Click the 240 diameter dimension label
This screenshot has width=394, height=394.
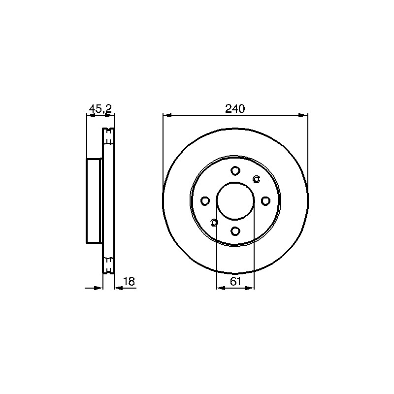pyautogui.click(x=235, y=109)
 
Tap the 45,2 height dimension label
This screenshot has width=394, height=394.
pyautogui.click(x=100, y=109)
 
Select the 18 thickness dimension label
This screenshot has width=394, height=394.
pyautogui.click(x=130, y=281)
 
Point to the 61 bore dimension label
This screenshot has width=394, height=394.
pyautogui.click(x=235, y=281)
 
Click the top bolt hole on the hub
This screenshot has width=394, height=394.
pyautogui.click(x=235, y=171)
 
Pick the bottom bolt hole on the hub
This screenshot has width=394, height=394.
pyautogui.click(x=235, y=230)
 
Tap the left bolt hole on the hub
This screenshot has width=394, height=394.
pyautogui.click(x=205, y=201)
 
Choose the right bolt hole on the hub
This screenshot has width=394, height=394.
pyautogui.click(x=265, y=201)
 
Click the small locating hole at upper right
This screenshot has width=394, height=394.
pyautogui.click(x=256, y=179)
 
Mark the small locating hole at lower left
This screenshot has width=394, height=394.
pyautogui.click(x=214, y=223)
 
